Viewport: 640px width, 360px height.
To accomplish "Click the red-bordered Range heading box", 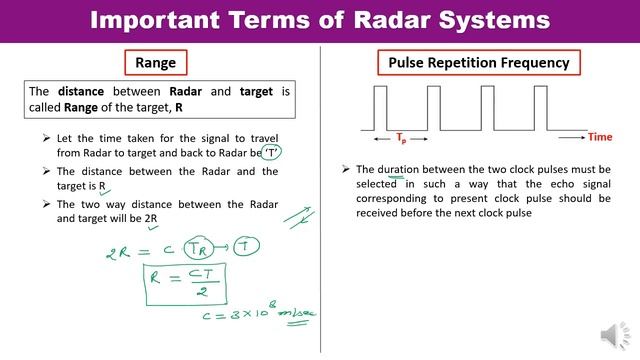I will pos(155,63).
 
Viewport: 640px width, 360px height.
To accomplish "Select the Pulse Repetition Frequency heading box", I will pos(479,63).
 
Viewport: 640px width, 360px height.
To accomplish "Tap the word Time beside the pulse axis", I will pos(600,136).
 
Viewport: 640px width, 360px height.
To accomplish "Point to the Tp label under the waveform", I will pos(401,138).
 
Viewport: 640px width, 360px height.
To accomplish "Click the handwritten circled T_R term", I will pos(203,250).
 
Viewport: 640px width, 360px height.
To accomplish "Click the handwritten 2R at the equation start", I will pos(118,254).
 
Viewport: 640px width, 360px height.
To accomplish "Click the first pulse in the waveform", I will pos(381,105).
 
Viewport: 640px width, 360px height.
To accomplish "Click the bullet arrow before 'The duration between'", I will pos(345,170).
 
